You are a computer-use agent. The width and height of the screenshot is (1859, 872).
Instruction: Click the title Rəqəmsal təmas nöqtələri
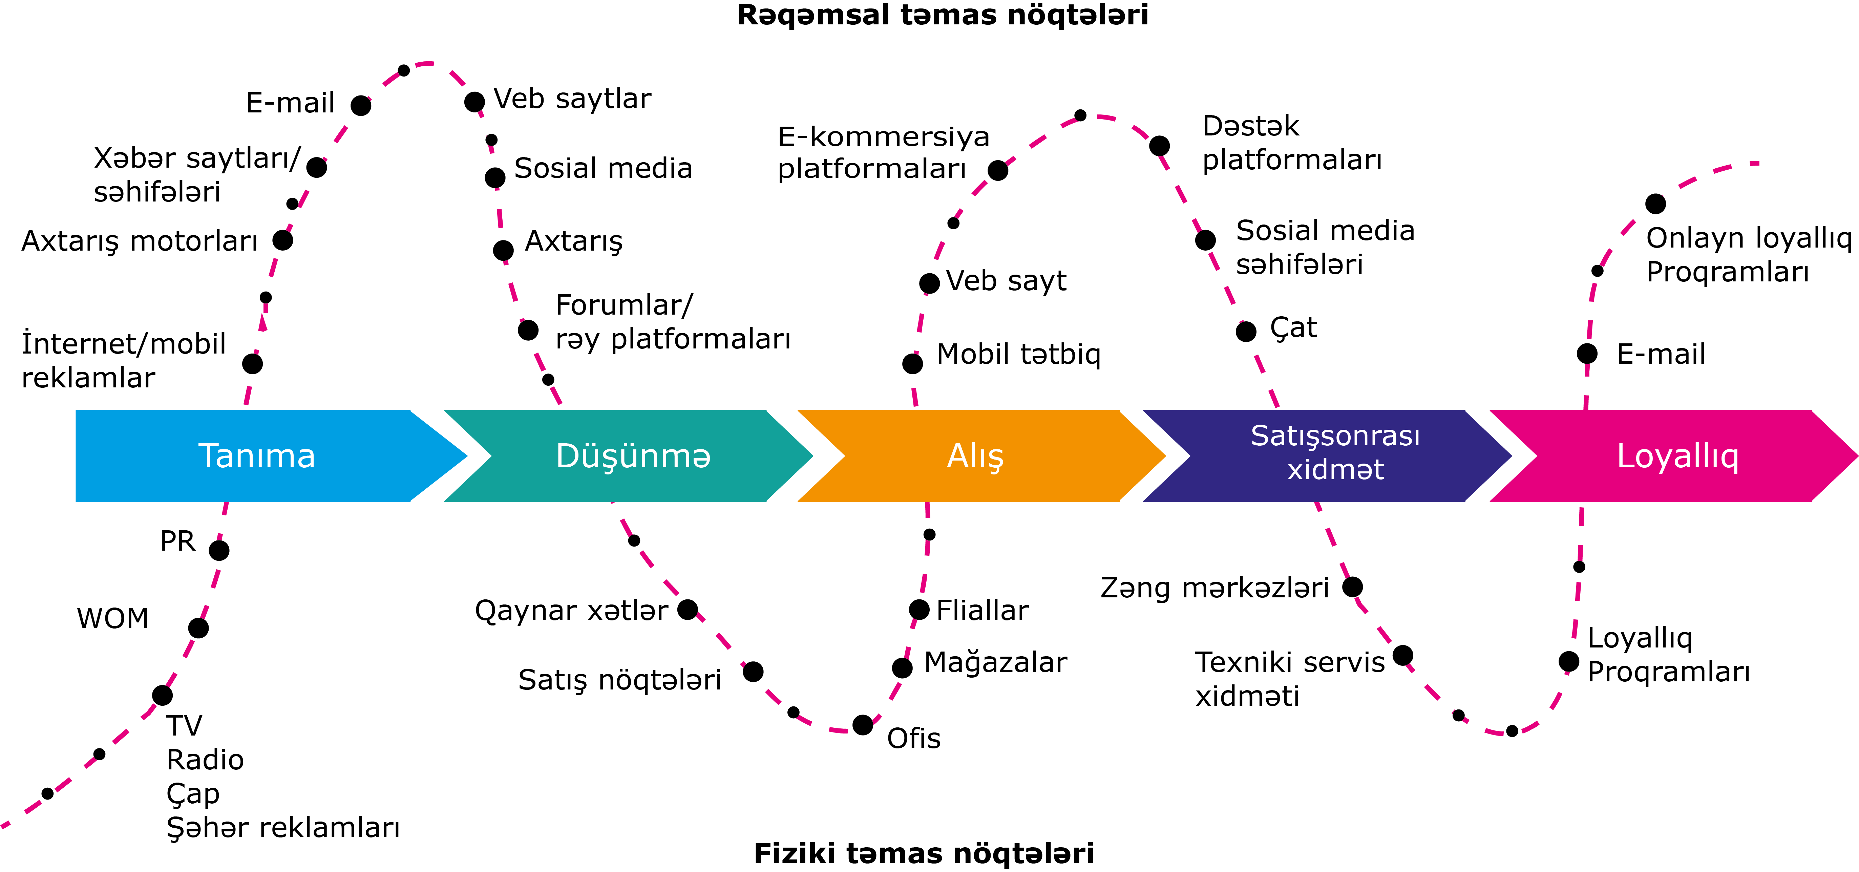click(x=942, y=15)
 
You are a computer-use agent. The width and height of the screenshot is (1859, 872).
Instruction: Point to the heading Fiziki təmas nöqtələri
click(x=924, y=853)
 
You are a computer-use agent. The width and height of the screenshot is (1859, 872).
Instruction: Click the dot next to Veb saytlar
click(x=474, y=102)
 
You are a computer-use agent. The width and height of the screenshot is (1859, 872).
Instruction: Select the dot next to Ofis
click(x=862, y=725)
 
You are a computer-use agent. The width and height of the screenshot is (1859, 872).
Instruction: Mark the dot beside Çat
click(x=1246, y=331)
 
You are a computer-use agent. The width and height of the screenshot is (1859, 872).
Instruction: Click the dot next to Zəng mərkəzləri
click(x=1352, y=587)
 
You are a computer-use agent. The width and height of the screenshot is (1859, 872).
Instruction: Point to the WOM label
click(x=112, y=619)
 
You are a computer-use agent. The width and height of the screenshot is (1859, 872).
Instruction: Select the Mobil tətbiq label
click(x=1018, y=355)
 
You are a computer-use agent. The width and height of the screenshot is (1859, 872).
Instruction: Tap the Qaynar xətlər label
click(x=571, y=611)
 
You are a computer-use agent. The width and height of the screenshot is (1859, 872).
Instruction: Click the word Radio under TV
click(x=205, y=759)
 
